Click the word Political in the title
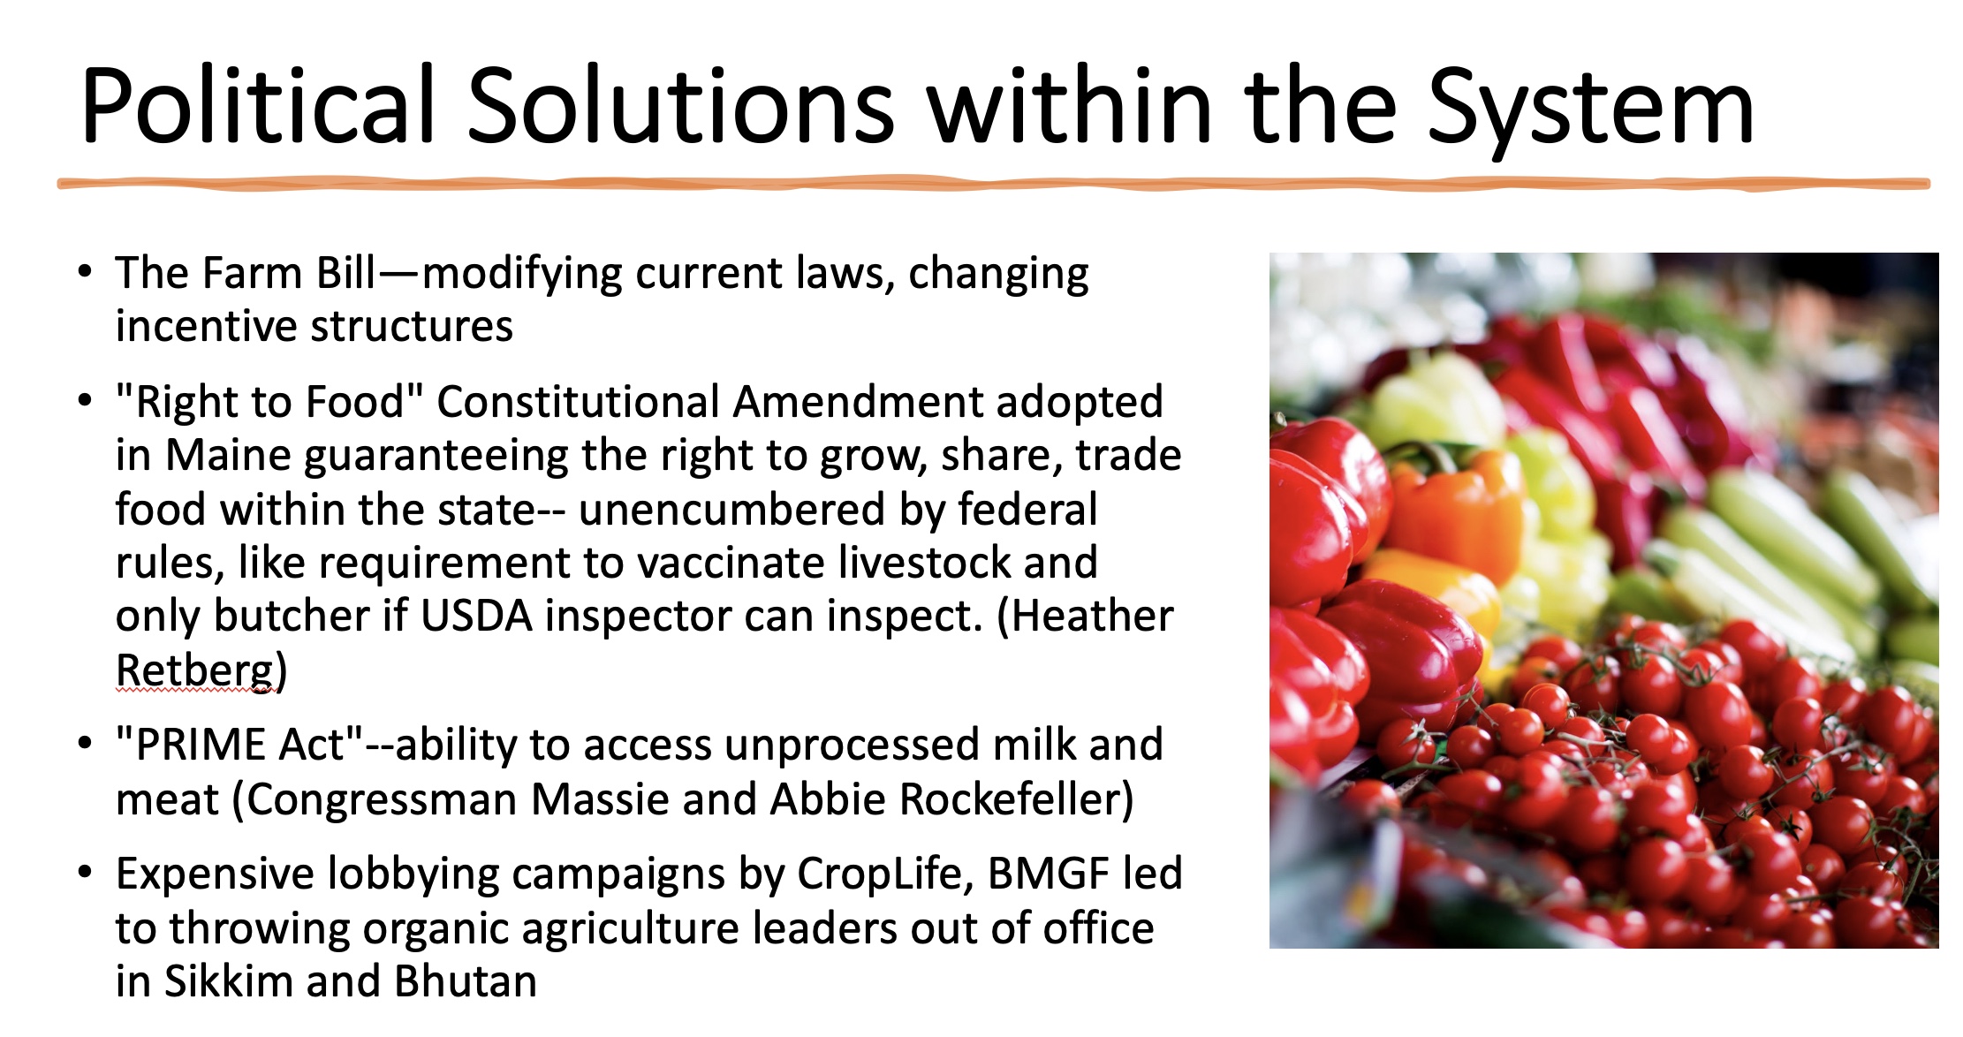[258, 105]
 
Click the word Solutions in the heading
[680, 105]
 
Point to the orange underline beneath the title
[994, 184]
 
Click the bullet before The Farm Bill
[85, 271]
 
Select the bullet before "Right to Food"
[85, 400]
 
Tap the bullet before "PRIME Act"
[85, 743]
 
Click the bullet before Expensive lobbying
[85, 872]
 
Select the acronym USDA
[476, 616]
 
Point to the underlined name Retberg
[195, 670]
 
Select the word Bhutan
[466, 981]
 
